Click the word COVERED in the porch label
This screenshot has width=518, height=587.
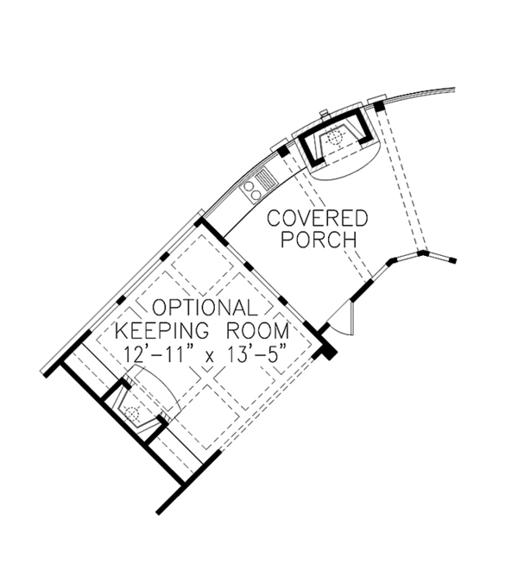318,218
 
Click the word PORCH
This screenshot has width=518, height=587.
319,240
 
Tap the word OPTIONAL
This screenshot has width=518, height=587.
205,308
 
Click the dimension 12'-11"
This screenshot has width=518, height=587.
156,353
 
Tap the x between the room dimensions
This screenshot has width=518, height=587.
209,356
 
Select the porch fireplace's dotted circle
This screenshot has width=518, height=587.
335,137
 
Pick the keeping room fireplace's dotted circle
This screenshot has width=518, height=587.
131,414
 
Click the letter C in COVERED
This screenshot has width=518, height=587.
274,218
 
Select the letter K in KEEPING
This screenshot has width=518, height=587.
123,330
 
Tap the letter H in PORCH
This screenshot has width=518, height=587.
349,240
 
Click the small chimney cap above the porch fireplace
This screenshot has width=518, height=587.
325,114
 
